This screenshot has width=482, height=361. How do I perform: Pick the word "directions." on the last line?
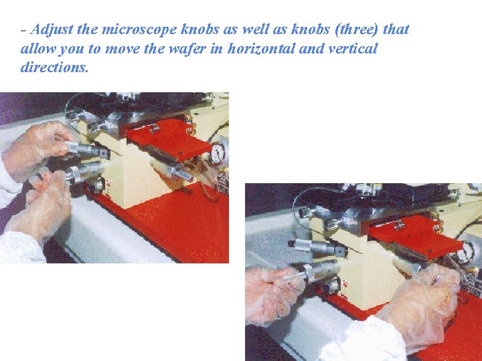tap(54, 68)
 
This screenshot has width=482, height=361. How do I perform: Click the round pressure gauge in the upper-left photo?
tap(218, 153)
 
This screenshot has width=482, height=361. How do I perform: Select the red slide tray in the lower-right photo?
tap(415, 236)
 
